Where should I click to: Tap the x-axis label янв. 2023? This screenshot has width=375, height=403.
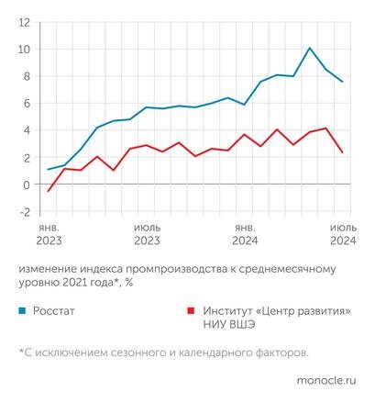click(49, 233)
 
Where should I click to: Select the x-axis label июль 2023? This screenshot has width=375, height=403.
click(147, 233)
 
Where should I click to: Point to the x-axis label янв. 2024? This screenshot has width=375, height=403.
click(245, 233)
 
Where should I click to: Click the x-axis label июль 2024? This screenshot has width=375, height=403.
click(343, 233)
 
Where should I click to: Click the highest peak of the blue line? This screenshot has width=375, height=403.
click(310, 48)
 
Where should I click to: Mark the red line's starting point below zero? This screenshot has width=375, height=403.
click(48, 191)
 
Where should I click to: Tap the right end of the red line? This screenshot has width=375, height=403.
click(343, 152)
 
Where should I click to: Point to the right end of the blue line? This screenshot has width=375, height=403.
click(343, 82)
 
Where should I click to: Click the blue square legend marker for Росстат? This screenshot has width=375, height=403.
click(23, 310)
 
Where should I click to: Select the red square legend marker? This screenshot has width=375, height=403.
click(191, 310)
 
